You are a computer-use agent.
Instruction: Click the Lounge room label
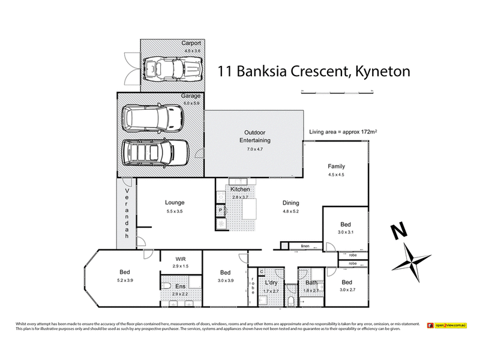coord(175,202)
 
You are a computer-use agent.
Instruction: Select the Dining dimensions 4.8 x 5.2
coord(291,212)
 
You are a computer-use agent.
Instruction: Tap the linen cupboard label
coord(305,247)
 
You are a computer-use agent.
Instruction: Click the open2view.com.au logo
coord(447,325)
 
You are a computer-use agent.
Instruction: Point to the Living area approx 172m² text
coord(346,131)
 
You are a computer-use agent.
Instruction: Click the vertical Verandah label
coord(127,213)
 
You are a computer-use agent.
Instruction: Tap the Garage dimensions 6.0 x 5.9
coord(191,103)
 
